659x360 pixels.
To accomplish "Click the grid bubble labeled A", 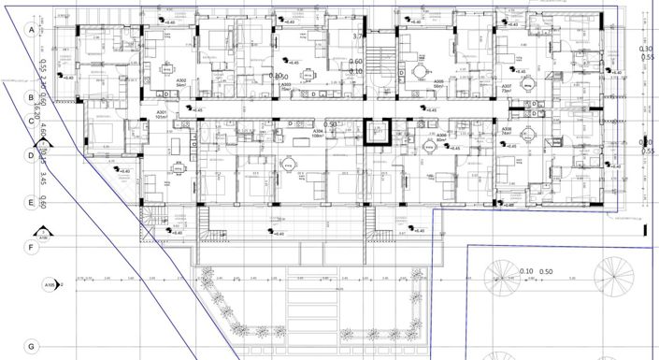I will tap(31, 31).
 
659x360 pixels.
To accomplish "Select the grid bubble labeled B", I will tap(31, 96).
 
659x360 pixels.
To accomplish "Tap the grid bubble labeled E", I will tap(31, 202).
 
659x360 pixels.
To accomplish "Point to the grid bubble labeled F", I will tap(31, 248).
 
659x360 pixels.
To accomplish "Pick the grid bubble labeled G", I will tap(31, 345).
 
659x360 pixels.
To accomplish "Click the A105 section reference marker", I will tap(50, 285).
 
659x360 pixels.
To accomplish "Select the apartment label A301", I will tap(160, 116).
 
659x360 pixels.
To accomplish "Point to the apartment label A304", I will tap(318, 134).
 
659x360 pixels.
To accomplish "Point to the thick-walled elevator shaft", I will tap(377, 134).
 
